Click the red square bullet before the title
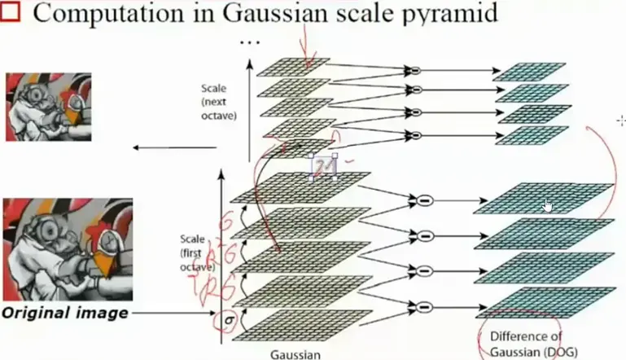coord(11,14)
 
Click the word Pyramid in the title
coord(452,14)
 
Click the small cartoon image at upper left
coord(46,106)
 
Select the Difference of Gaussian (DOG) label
coord(527,344)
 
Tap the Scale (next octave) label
coord(218,101)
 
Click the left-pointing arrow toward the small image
coord(175,147)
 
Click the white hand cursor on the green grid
coord(548,206)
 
